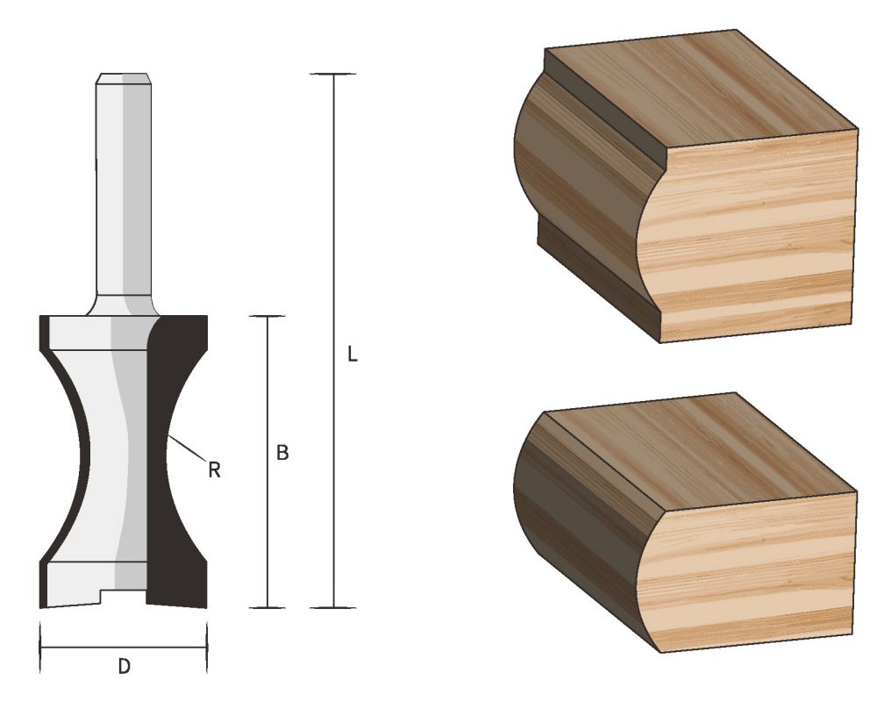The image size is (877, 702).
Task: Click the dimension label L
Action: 353,355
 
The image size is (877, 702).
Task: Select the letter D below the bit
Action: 125,667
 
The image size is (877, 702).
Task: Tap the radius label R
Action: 213,470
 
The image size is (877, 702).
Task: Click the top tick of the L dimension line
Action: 333,75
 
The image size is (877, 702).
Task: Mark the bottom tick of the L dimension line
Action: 333,607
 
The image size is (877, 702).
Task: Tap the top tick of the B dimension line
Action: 266,316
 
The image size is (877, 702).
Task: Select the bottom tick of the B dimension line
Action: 266,607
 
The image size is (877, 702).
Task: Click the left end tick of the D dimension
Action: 41,648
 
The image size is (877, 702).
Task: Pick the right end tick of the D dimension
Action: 207,648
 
